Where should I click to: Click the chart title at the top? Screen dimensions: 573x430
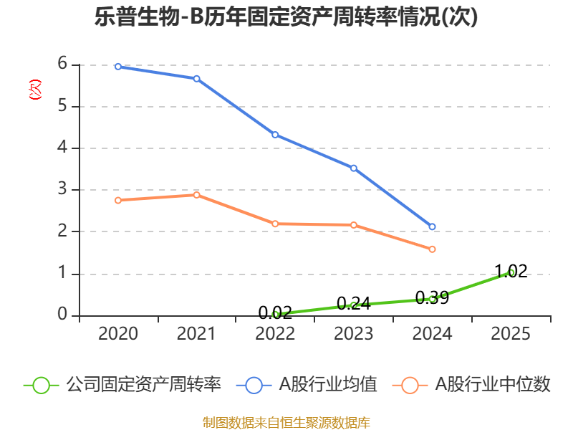286,16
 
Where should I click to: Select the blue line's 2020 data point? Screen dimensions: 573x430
118,67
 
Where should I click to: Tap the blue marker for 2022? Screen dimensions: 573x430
275,135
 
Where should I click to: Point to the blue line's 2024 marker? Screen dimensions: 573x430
432,226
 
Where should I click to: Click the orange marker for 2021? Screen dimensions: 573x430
196,195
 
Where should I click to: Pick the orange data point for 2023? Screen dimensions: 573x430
354,225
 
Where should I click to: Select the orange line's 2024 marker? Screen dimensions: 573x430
432,249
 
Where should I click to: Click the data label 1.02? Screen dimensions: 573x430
511,272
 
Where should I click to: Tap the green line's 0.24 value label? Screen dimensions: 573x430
354,303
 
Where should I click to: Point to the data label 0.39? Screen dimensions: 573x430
433,297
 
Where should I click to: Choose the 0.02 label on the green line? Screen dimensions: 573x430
275,312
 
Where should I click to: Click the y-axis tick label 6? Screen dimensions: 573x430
62,64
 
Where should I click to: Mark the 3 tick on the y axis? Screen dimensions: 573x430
62,189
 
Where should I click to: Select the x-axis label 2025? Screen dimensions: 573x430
511,333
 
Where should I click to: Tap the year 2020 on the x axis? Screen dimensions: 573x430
118,333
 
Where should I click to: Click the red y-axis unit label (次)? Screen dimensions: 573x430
35,90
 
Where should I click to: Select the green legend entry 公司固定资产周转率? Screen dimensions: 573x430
122,385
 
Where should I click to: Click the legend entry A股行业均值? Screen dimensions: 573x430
307,385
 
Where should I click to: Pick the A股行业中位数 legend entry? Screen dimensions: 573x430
471,385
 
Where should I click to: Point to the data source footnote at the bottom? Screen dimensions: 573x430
286,423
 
